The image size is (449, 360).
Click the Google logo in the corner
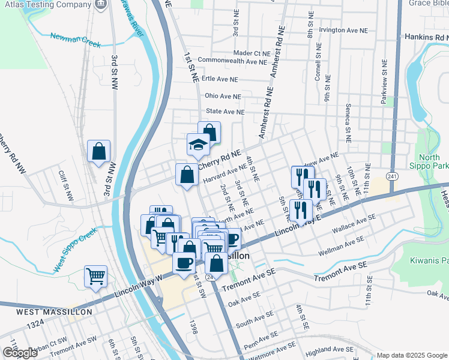[x=20, y=353]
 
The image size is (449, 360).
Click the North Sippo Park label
[x=434, y=161]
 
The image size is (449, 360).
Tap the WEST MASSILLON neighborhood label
[x=54, y=312]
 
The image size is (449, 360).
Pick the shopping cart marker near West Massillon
[x=96, y=277]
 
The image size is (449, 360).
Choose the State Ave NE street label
[x=225, y=112]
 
